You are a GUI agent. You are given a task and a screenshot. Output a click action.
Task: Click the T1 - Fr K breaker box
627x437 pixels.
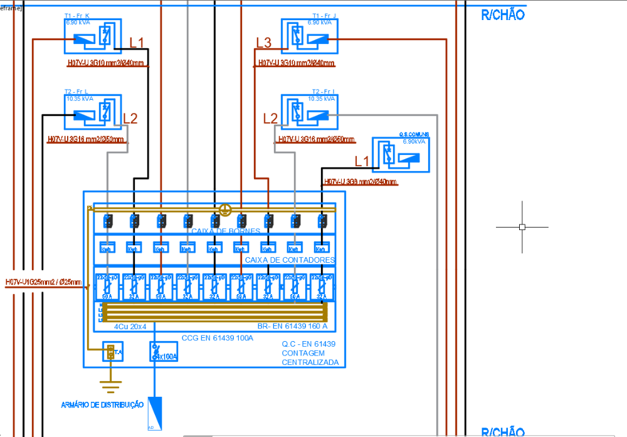coord(92,36)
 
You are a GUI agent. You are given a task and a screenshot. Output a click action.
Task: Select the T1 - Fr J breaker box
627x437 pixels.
coord(309,36)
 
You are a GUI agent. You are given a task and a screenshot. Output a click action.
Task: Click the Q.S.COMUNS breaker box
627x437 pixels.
coord(401,155)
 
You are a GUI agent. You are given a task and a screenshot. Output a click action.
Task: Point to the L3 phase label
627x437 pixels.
coord(263,43)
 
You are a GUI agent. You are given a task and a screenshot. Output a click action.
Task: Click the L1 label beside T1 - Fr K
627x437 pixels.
coord(137,43)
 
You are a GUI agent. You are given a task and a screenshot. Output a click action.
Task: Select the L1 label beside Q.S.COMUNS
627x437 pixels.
coord(362,161)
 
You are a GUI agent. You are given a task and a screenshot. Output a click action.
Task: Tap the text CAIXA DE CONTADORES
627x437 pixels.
coord(290,260)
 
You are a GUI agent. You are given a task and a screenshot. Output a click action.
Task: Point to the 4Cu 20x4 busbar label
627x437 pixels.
coord(130,327)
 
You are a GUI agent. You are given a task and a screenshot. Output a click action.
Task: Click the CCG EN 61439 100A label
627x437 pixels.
coord(217,338)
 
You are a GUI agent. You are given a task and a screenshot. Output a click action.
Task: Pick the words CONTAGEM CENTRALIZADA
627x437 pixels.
coord(310,357)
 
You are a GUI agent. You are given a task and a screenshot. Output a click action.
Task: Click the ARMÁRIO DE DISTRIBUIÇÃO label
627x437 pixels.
coord(102,405)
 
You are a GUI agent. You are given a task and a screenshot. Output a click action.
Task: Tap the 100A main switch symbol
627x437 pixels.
coord(164,352)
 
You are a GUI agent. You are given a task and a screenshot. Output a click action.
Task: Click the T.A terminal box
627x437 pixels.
coord(112,352)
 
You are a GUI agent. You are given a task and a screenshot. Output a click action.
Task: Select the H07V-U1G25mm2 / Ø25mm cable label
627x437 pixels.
coord(43,283)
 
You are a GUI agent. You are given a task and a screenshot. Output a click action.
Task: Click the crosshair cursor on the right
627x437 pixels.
coord(522,226)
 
